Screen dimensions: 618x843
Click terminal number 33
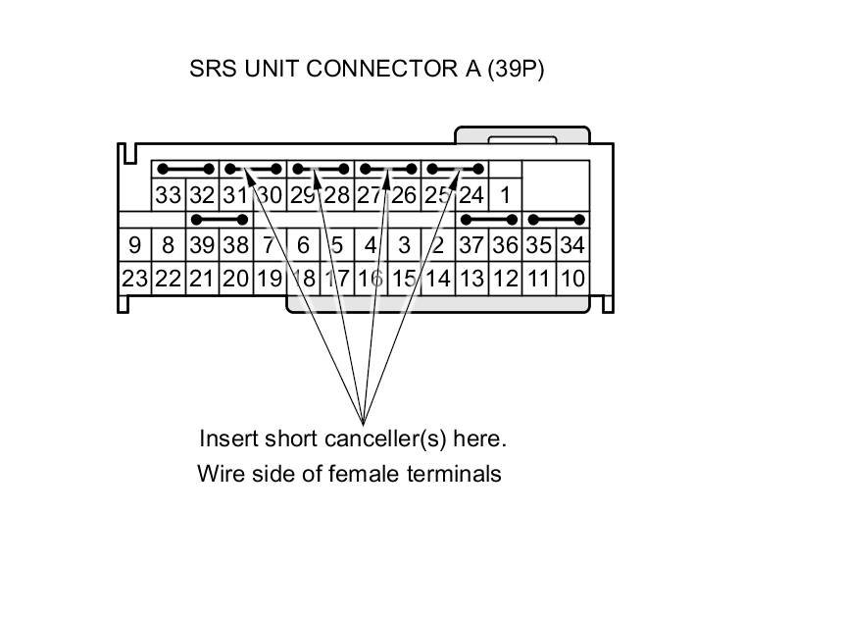tap(168, 195)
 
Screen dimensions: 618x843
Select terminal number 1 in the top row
tap(505, 195)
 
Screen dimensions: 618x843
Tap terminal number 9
tap(134, 245)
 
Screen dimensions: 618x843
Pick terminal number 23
tap(134, 279)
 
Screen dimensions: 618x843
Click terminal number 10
tap(572, 279)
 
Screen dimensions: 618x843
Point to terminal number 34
tap(572, 245)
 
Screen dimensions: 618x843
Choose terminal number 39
tap(202, 245)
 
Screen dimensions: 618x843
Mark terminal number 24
tap(471, 195)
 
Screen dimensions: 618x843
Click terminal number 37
tap(471, 245)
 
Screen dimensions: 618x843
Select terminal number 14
tap(437, 279)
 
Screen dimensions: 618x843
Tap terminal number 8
tap(168, 245)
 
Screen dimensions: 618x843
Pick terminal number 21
tap(202, 279)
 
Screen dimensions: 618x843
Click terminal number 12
tap(505, 279)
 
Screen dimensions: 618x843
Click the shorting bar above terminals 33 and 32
tap(185, 169)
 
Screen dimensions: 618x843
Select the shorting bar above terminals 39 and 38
tap(219, 219)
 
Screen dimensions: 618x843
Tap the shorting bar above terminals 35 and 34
tap(556, 219)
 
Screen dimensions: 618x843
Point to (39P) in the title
tap(515, 71)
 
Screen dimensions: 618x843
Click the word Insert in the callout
tap(226, 438)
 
